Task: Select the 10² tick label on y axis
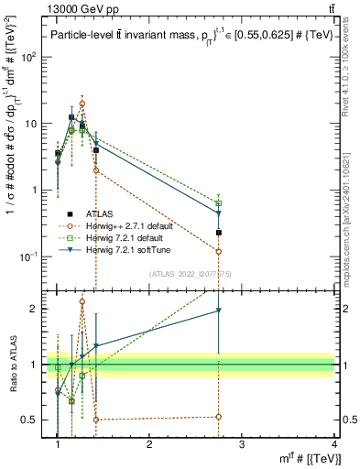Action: click(x=32, y=57)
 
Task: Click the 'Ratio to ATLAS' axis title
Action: click(x=13, y=365)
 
